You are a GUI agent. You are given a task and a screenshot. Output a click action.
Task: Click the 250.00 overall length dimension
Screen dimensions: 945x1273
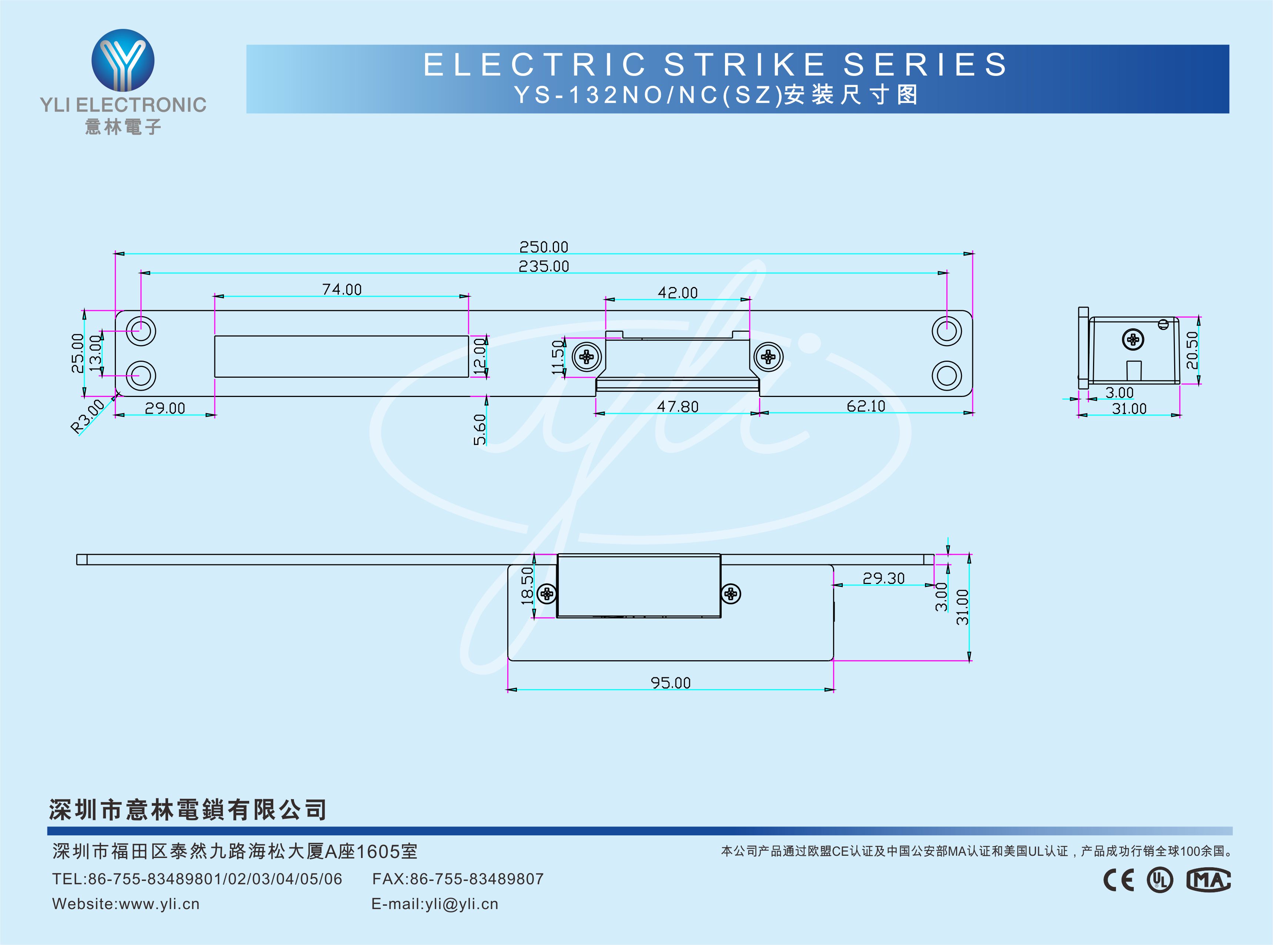[x=543, y=247]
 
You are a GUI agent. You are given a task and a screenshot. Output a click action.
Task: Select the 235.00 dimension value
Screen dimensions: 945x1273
[x=543, y=267]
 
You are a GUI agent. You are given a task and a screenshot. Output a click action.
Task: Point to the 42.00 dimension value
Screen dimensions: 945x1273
[x=678, y=293]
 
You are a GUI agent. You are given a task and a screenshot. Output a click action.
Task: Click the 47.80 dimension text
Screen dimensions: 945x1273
[x=678, y=407]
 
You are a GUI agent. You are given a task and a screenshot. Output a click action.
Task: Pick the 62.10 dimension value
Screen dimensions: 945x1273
[x=866, y=406]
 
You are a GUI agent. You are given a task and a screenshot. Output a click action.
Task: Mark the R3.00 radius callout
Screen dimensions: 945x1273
[x=87, y=417]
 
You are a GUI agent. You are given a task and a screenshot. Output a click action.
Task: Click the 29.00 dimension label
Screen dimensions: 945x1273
[x=165, y=408]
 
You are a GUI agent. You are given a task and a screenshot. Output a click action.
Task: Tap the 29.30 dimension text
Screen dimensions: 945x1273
[x=883, y=578]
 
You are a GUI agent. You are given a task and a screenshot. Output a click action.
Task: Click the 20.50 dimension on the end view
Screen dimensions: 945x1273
[x=1191, y=350]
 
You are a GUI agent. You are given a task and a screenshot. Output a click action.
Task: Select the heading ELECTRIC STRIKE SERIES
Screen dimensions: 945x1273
[x=715, y=64]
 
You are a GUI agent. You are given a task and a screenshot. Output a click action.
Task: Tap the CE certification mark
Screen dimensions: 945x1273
[x=1119, y=880]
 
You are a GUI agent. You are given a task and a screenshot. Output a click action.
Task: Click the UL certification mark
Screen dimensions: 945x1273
[x=1160, y=880]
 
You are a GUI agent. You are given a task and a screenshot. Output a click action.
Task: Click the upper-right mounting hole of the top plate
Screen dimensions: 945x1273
[x=946, y=331]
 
